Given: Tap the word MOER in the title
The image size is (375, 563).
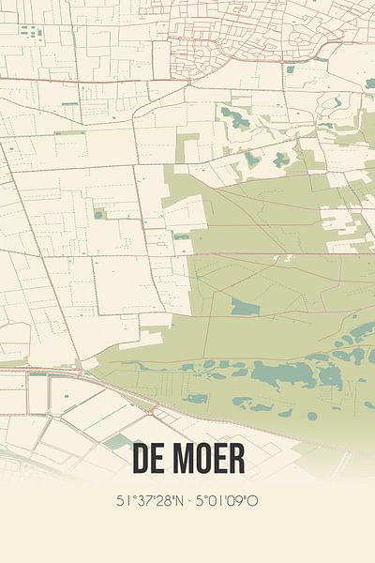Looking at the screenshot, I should coord(208,460).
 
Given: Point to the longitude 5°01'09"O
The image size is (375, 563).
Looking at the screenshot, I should coord(226,501).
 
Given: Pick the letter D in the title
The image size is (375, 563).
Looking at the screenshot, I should coord(141,460).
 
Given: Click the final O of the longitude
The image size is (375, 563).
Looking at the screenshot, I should coord(253,501).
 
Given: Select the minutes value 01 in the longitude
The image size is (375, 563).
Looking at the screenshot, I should coord(213,501).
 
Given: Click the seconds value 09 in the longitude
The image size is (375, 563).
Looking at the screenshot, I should coord(234,501).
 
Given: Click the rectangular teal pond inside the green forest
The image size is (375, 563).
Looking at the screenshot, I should coord(245,307).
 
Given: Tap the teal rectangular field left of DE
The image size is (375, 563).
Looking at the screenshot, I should coord(118,441).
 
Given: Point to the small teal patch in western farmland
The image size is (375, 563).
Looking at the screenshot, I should coord(97,214).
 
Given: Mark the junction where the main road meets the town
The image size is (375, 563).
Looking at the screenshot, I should coord(188,81).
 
